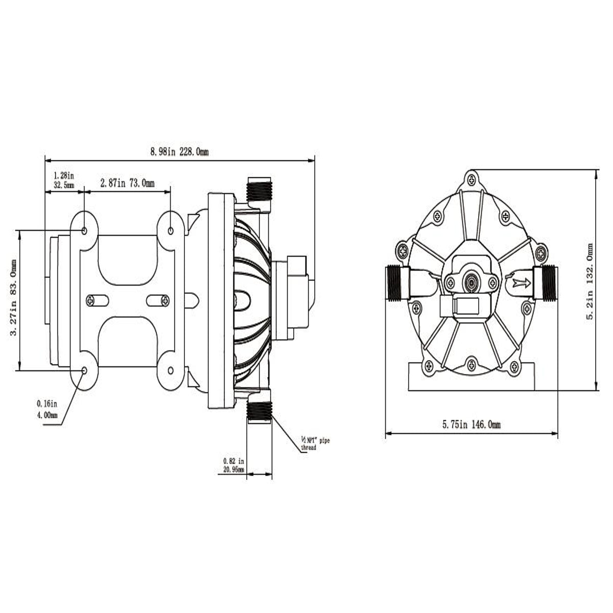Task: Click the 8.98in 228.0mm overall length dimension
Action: pyautogui.click(x=179, y=152)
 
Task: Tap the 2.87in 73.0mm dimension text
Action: pyautogui.click(x=127, y=183)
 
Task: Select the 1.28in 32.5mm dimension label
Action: pyautogui.click(x=64, y=179)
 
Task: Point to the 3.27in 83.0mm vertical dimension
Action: pyautogui.click(x=14, y=298)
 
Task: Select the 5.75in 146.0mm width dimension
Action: pyautogui.click(x=471, y=425)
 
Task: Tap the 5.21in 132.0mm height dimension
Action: pyautogui.click(x=591, y=281)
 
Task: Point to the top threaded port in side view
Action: pyautogui.click(x=260, y=191)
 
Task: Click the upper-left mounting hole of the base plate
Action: pyautogui.click(x=84, y=231)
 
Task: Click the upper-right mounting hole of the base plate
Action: pyautogui.click(x=171, y=231)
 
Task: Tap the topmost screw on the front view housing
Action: pyautogui.click(x=471, y=179)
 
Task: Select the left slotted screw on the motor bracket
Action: pyautogui.click(x=90, y=301)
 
